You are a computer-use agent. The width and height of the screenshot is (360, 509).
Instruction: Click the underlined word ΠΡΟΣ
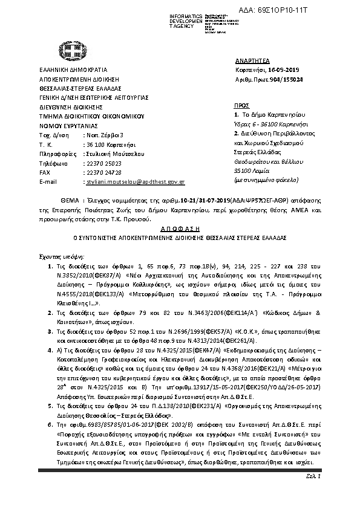click(242, 105)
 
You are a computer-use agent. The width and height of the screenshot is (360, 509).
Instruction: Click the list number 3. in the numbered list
click(50, 315)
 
